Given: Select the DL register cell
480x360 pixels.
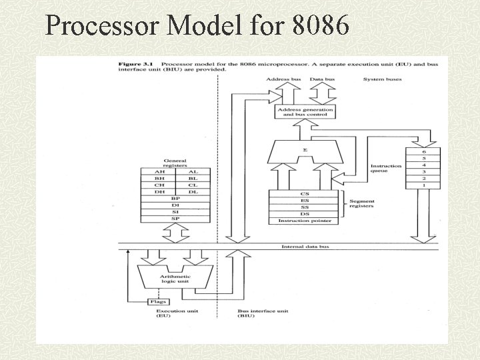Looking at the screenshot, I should tap(193, 192).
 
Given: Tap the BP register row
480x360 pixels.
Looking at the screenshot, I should tap(175, 199).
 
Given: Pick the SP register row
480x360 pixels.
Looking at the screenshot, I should tap(175, 219).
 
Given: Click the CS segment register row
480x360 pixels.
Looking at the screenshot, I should tap(305, 194).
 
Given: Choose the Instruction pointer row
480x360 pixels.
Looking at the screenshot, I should tap(305, 221).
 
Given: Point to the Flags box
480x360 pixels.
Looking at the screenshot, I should tap(157, 302).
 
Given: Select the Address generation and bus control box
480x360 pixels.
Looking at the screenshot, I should tap(304, 111).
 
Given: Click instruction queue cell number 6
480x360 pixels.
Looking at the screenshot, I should tap(423, 152).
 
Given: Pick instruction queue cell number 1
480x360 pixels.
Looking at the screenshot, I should tap(423, 185).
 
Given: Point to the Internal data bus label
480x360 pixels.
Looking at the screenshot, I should tap(305, 247).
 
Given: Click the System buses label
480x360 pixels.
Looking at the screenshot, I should tap(382, 79).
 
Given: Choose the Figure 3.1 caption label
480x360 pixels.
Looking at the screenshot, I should tap(133, 64).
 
